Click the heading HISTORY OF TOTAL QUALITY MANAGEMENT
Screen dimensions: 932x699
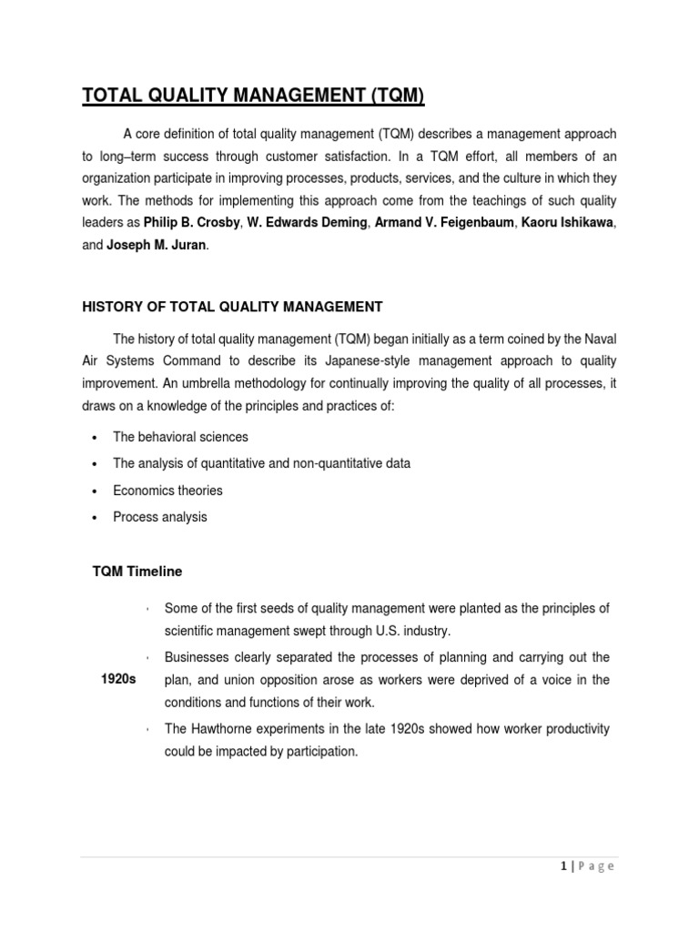point(233,307)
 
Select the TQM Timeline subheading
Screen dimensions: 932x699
point(137,572)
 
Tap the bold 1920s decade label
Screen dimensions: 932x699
point(117,680)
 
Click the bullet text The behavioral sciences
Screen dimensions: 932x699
point(180,437)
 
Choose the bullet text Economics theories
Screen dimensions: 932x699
point(167,491)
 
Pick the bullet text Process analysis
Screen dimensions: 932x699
point(160,517)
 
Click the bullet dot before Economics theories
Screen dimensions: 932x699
point(95,491)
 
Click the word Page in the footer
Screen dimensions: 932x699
point(598,866)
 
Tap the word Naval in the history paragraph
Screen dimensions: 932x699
point(599,338)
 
